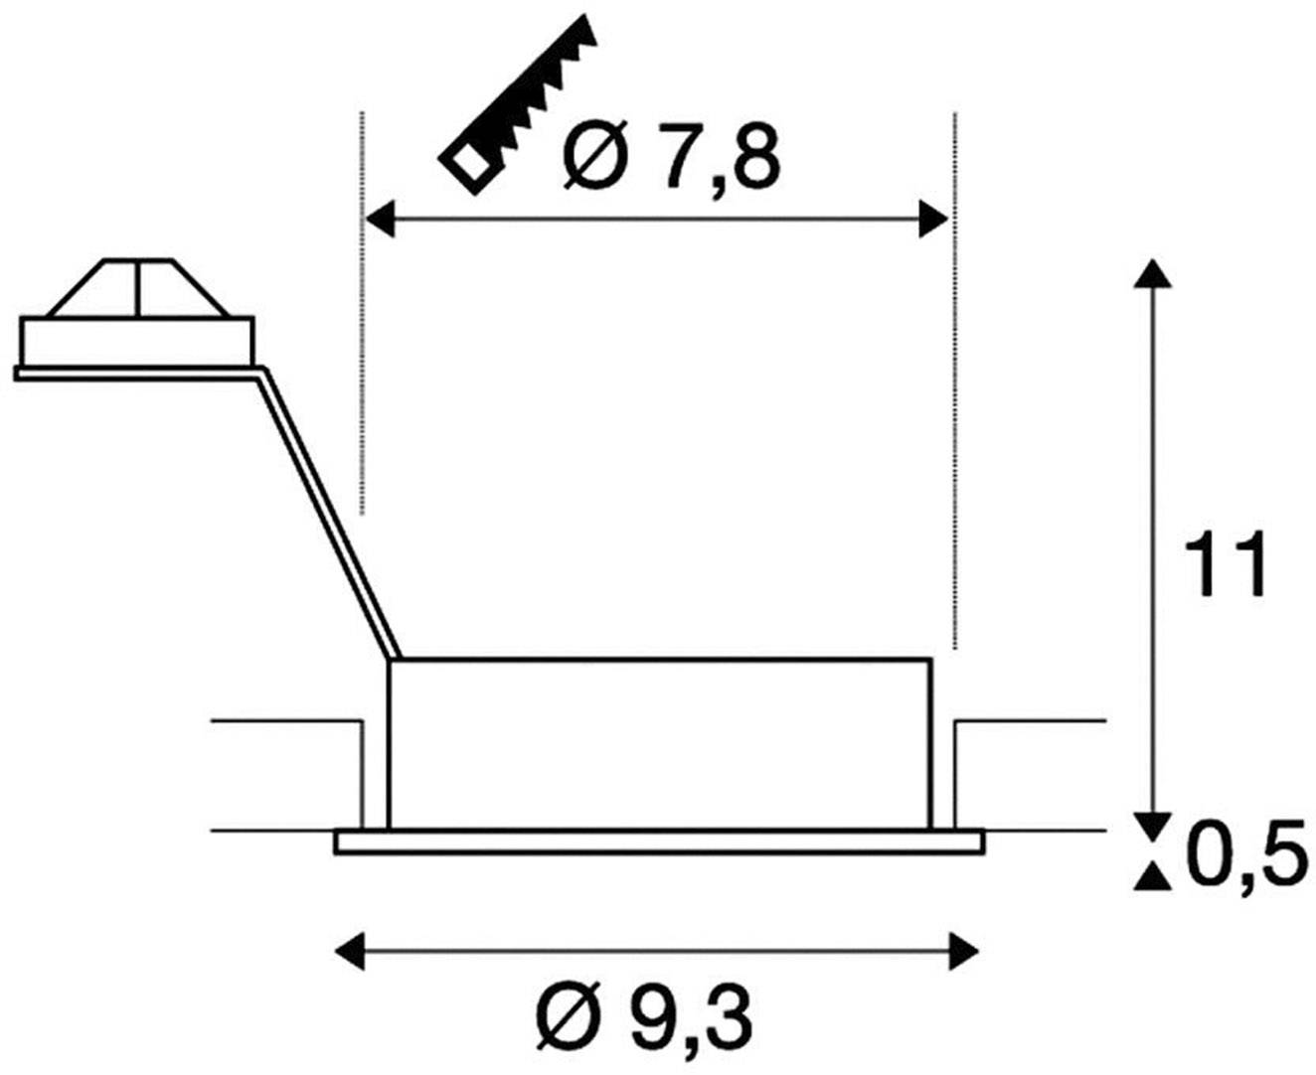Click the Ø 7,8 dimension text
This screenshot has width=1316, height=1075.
click(x=667, y=159)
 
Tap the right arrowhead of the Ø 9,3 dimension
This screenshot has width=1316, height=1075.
click(x=964, y=951)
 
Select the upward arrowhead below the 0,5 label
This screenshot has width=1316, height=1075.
click(x=1151, y=876)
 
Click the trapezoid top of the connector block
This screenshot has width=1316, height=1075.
click(x=138, y=289)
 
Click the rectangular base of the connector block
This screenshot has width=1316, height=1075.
click(x=137, y=340)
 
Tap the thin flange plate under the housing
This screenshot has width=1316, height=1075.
click(x=659, y=843)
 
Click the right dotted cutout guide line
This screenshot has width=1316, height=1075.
click(x=954, y=378)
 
